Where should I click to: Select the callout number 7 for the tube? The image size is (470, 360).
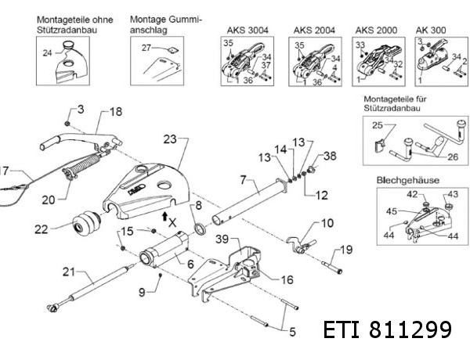click(x=244, y=181)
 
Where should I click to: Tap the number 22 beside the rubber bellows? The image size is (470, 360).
click(x=42, y=229)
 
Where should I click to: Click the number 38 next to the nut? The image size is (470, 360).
click(x=329, y=156)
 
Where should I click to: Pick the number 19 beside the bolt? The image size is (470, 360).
click(x=341, y=252)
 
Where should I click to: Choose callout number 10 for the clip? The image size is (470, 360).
click(x=327, y=223)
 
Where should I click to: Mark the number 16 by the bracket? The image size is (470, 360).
click(x=287, y=278)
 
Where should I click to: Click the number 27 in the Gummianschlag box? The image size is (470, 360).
click(x=145, y=49)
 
